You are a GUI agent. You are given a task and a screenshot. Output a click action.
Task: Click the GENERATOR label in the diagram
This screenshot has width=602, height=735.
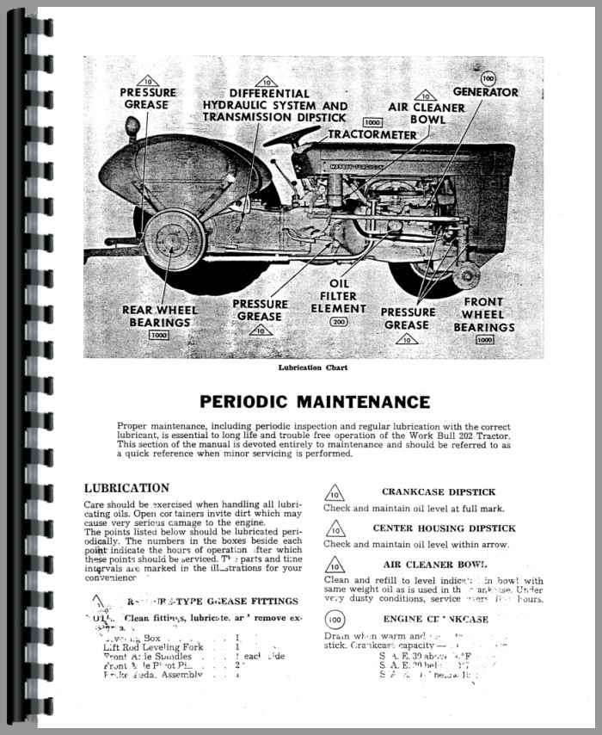click(x=487, y=92)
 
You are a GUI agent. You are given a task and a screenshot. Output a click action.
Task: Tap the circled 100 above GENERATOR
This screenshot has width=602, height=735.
click(x=488, y=78)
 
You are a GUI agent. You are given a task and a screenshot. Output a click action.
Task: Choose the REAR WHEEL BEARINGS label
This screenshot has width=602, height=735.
click(x=159, y=316)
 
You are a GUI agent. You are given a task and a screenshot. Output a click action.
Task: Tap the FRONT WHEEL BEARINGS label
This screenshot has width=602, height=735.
click(x=483, y=314)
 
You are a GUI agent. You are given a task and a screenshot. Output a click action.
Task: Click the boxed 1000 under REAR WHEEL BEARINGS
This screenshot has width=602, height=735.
click(x=158, y=335)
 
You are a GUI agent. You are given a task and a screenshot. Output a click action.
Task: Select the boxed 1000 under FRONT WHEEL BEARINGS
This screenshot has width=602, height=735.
click(x=484, y=339)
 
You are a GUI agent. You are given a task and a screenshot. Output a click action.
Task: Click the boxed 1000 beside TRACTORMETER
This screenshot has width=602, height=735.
click(x=372, y=122)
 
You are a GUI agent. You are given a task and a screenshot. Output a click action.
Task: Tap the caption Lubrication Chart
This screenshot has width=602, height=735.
click(x=301, y=368)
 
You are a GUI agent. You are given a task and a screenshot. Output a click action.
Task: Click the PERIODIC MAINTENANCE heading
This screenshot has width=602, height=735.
click(x=315, y=402)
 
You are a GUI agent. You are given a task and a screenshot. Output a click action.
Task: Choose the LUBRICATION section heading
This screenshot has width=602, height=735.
click(x=126, y=488)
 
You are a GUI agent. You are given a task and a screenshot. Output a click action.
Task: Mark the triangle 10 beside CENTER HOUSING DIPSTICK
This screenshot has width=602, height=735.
click(x=335, y=531)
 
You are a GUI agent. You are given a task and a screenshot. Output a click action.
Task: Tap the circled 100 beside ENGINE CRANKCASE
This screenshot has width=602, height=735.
click(x=335, y=620)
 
